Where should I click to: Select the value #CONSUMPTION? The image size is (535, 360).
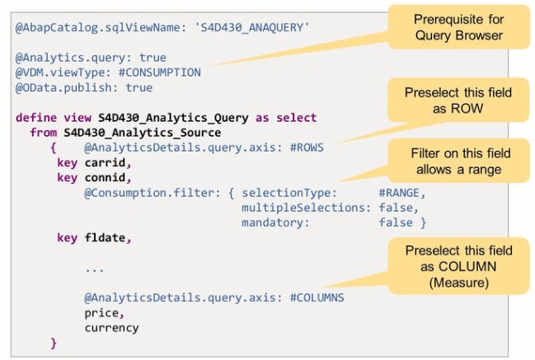(159, 72)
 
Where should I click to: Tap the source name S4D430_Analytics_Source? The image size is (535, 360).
(142, 132)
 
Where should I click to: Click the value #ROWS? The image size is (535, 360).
(303, 147)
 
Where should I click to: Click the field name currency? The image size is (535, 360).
(111, 327)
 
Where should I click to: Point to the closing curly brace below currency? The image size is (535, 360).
(54, 342)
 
